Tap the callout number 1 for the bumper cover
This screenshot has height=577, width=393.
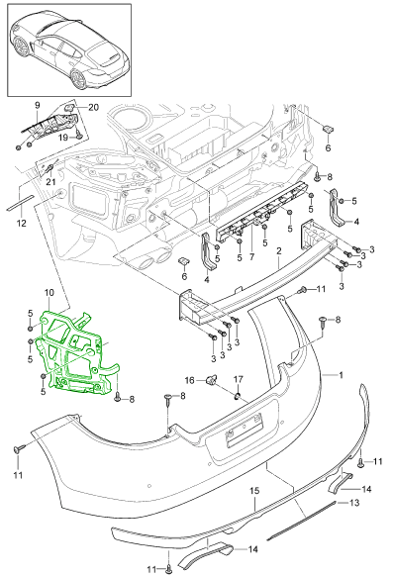coord(341,375)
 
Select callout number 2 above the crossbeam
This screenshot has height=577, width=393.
coord(279,251)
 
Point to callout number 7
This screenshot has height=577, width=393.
coord(251,256)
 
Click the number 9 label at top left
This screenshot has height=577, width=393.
coord(38,105)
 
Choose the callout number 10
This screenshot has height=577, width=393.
coord(49,293)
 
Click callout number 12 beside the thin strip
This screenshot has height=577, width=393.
coord(22,223)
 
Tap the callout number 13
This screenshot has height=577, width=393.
coord(354,503)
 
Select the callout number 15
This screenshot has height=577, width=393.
coord(254,491)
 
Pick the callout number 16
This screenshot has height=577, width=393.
coord(189,380)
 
